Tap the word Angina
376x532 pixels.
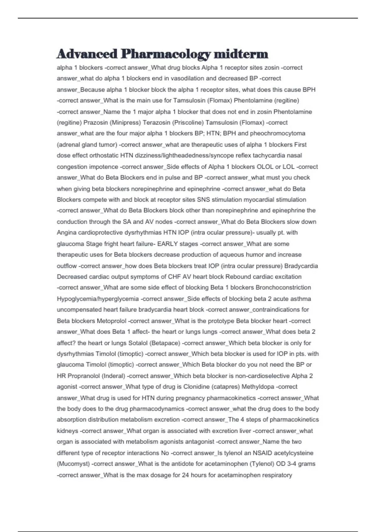[67, 233]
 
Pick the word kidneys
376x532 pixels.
[67, 431]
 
